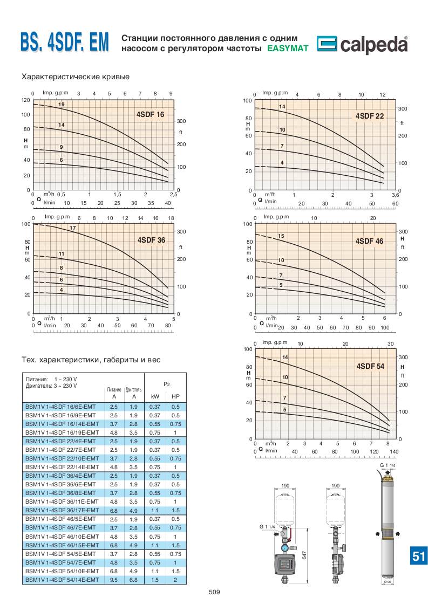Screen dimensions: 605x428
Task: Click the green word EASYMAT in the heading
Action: pyautogui.click(x=288, y=49)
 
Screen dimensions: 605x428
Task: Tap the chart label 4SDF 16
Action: pyautogui.click(x=150, y=114)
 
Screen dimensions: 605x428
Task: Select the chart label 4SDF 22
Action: pyautogui.click(x=369, y=116)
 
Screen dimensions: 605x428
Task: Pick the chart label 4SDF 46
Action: pyautogui.click(x=369, y=241)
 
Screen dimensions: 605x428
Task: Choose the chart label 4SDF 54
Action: pyautogui.click(x=370, y=366)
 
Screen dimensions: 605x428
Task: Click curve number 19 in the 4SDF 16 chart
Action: pyautogui.click(x=62, y=104)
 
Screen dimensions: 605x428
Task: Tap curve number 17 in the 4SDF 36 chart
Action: pyautogui.click(x=72, y=228)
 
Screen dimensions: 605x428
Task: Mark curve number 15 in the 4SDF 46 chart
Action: pyautogui.click(x=281, y=236)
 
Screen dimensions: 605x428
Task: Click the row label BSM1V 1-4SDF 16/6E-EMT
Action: pyautogui.click(x=62, y=407)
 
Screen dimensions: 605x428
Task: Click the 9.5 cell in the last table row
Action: pyautogui.click(x=114, y=579)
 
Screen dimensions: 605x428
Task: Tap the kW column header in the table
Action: pyautogui.click(x=155, y=396)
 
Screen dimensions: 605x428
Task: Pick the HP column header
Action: pyautogui.click(x=175, y=396)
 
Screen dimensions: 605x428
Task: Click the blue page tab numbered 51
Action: pyautogui.click(x=418, y=556)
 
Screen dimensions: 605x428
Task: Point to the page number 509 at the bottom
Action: pyautogui.click(x=214, y=593)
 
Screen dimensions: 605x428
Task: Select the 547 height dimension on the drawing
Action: pyautogui.click(x=304, y=555)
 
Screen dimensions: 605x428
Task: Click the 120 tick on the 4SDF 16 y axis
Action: pyautogui.click(x=25, y=100)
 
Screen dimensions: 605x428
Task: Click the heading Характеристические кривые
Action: pyautogui.click(x=75, y=77)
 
